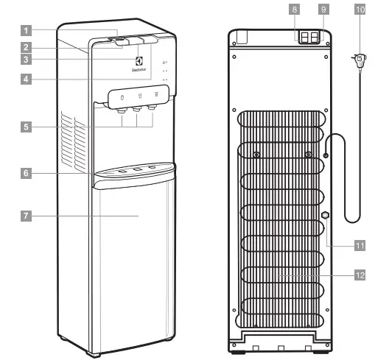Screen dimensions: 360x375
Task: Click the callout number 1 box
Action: tap(27, 32)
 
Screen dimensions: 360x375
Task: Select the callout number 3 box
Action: tap(27, 59)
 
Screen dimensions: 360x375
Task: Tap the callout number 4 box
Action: tap(27, 78)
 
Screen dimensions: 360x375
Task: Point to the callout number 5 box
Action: tap(27, 127)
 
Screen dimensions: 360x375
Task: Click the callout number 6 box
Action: tap(27, 174)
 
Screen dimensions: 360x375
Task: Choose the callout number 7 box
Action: tap(27, 216)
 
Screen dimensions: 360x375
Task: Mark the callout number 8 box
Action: tap(295, 11)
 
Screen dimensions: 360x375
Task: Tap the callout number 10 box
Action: tap(359, 11)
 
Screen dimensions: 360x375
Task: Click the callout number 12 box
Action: tap(359, 275)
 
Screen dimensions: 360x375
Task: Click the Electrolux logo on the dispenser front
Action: tap(140, 62)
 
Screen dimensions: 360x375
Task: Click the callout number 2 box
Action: tap(27, 46)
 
